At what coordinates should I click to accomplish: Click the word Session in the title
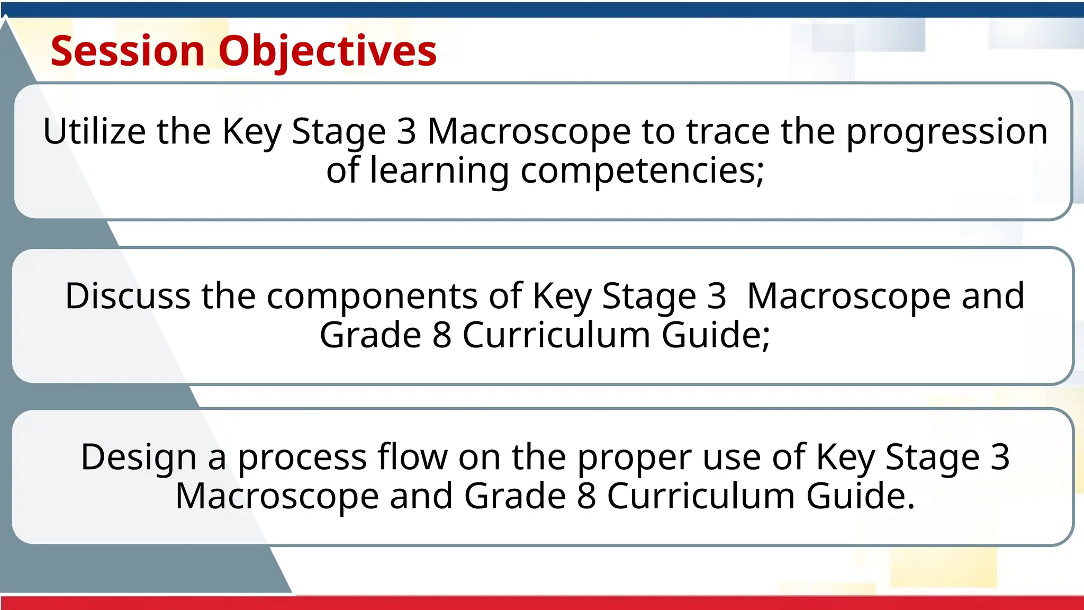[128, 51]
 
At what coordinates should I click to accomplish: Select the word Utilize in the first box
[94, 131]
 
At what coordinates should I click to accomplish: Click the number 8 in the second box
[441, 335]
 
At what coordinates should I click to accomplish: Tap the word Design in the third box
[139, 457]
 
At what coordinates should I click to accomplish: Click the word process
[302, 457]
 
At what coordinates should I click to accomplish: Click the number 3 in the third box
[999, 456]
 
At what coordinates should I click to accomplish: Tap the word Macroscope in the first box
[529, 131]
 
